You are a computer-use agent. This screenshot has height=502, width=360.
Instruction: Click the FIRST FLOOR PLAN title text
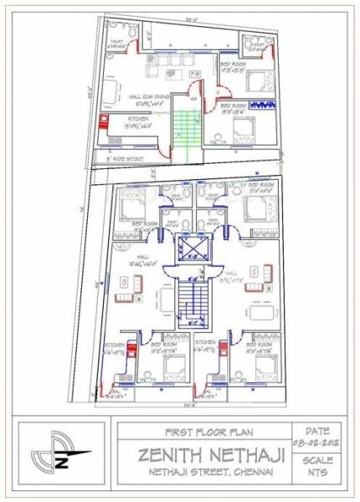(x=201, y=433)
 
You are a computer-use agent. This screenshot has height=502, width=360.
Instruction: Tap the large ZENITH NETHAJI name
(x=201, y=455)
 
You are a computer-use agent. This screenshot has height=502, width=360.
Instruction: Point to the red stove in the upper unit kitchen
(x=105, y=124)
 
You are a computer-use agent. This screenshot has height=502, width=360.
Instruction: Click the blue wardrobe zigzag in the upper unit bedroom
(x=263, y=104)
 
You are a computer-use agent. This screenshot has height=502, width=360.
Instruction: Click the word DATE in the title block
(x=317, y=428)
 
